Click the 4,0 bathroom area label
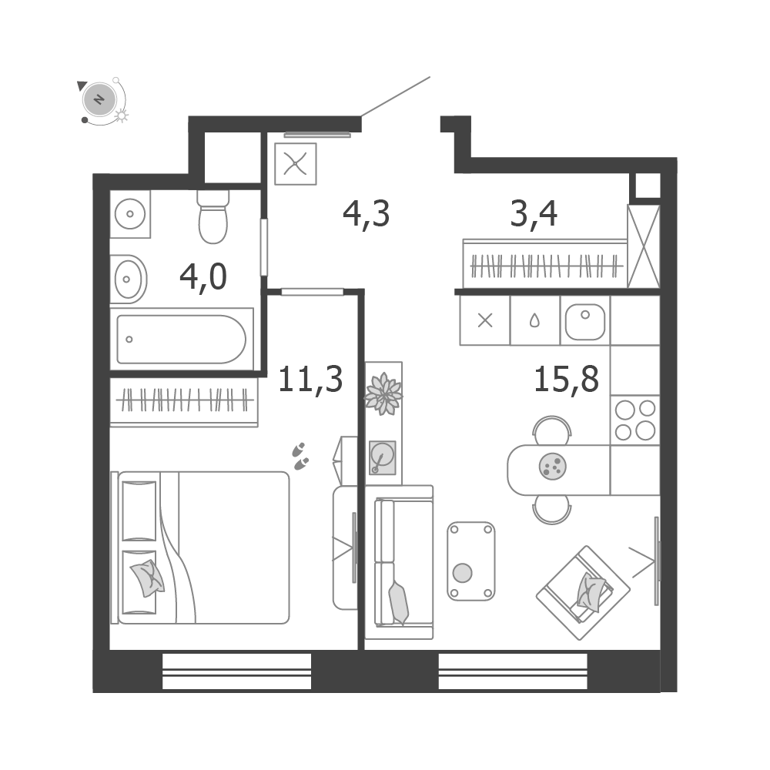pyautogui.click(x=203, y=277)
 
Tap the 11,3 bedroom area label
pyautogui.click(x=310, y=380)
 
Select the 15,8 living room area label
pyautogui.click(x=566, y=379)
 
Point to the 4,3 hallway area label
pyautogui.click(x=366, y=214)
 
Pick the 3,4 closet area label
pyautogui.click(x=534, y=214)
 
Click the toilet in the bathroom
pyautogui.click(x=213, y=216)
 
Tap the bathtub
pyautogui.click(x=181, y=340)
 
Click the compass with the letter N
pyautogui.click(x=99, y=99)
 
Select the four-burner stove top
pyautogui.click(x=635, y=420)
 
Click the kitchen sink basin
pyautogui.click(x=585, y=322)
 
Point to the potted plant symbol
pyautogui.click(x=383, y=393)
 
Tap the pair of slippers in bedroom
pyautogui.click(x=300, y=456)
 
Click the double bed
pyautogui.click(x=200, y=547)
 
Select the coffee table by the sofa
pyautogui.click(x=471, y=561)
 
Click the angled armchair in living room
pyautogui.click(x=583, y=592)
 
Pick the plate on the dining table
pyautogui.click(x=552, y=466)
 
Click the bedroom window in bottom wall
pyautogui.click(x=236, y=671)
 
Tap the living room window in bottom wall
pyautogui.click(x=513, y=671)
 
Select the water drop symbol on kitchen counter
pyautogui.click(x=534, y=320)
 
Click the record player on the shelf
pyautogui.click(x=383, y=457)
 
